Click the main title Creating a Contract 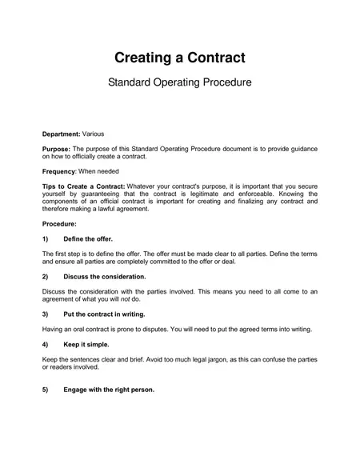[x=179, y=58]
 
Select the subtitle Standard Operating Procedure [x=179, y=82]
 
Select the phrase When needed [x=102, y=172]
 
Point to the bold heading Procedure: [x=59, y=224]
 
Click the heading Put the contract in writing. [x=104, y=314]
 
